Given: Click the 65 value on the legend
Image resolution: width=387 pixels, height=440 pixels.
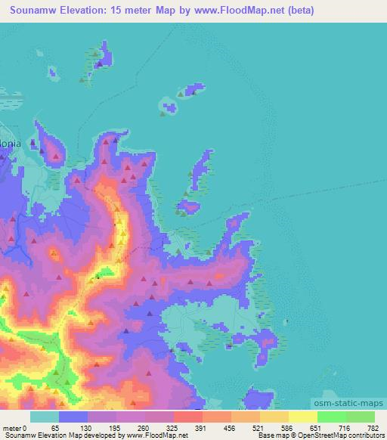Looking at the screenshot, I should click(54, 427).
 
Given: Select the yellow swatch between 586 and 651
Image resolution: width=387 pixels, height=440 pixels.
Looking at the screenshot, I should click(303, 417).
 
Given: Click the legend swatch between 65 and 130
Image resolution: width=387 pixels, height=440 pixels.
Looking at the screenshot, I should click(73, 417).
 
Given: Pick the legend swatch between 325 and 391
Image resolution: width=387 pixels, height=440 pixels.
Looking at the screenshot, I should click(188, 417).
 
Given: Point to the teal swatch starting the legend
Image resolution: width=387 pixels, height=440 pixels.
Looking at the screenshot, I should click(45, 417).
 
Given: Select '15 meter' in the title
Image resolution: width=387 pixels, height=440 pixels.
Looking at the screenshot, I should click(147, 11).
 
